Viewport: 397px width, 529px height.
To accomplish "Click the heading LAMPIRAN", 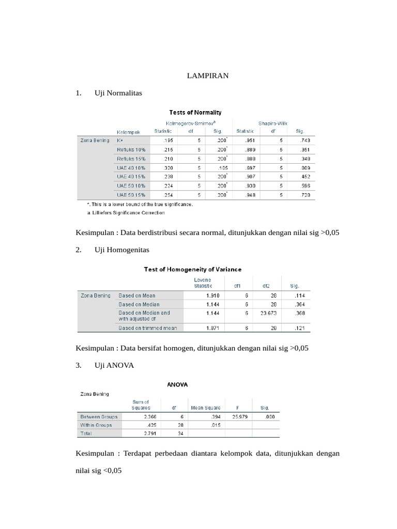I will tap(207, 76).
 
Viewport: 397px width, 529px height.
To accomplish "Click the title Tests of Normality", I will tap(195, 112).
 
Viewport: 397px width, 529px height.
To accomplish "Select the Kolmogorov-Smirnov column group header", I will tap(191, 123).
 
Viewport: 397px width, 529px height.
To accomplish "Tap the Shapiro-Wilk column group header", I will tap(273, 123).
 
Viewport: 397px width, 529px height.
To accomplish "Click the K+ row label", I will tap(120, 140).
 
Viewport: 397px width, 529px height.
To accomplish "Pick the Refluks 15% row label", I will tap(131, 158).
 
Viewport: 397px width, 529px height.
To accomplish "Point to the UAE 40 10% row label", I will tap(131, 167).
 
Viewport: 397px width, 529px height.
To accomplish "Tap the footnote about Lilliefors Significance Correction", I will tap(126, 212).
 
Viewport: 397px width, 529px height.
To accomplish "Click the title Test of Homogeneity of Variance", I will tap(192, 269).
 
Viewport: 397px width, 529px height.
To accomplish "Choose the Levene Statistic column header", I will tap(203, 282).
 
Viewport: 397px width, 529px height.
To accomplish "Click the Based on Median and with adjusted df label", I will tap(144, 316).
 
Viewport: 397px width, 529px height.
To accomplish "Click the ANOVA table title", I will tap(177, 384).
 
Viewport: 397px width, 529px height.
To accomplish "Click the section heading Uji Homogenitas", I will tap(121, 250).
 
